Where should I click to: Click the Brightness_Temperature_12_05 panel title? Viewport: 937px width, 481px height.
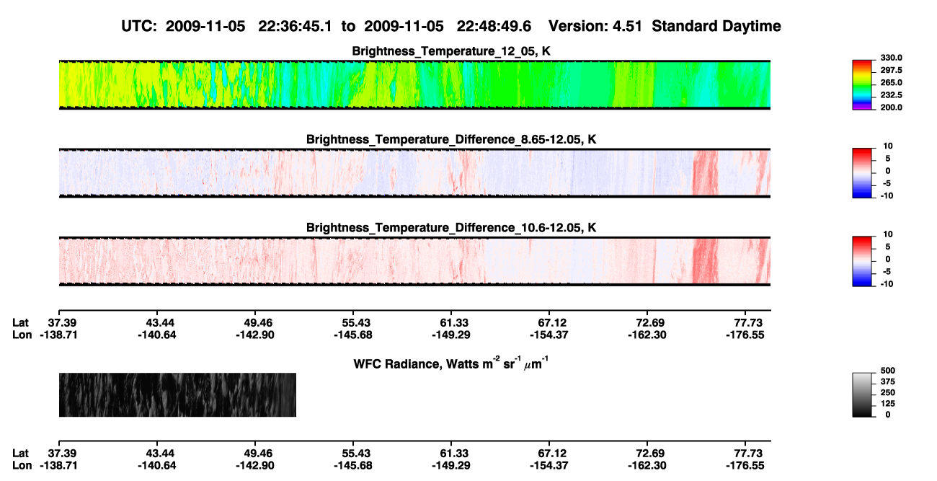coord(451,51)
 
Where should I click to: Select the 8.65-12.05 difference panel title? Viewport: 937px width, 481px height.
coord(451,139)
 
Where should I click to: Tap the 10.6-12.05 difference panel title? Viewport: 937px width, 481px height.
coord(451,228)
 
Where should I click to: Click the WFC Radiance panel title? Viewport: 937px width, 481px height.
coord(451,363)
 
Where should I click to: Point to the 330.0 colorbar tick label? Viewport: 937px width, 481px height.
coord(891,58)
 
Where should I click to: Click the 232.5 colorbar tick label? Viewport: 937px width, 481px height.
coord(891,95)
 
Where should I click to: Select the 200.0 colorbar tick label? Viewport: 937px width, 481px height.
coord(891,107)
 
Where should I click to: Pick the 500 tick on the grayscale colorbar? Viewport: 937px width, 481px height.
coord(888,371)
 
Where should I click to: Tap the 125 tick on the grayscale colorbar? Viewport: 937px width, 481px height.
coord(888,404)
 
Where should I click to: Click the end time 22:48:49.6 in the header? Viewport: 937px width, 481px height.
coord(494,27)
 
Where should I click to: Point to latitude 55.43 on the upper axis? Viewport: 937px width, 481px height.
coord(353,323)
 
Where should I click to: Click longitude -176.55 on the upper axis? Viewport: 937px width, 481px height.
coord(745,335)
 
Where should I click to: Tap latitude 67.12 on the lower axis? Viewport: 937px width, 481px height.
coord(549,454)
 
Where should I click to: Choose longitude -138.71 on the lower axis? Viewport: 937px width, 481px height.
coord(58,466)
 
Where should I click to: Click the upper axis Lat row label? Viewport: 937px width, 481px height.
coord(20,323)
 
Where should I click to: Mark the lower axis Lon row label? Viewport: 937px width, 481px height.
coord(22,466)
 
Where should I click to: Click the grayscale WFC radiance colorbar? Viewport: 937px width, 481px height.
coord(862,394)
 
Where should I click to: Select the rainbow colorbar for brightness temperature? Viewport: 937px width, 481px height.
coord(862,85)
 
